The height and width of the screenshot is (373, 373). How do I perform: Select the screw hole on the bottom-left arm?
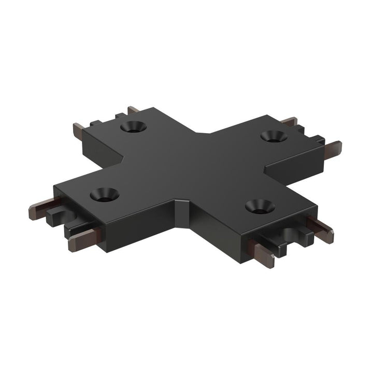(104, 195)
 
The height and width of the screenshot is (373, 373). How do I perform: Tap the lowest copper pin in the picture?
(264, 255)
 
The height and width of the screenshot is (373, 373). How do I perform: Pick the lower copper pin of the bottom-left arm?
(83, 239)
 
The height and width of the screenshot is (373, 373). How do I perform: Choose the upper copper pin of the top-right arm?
(289, 122)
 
